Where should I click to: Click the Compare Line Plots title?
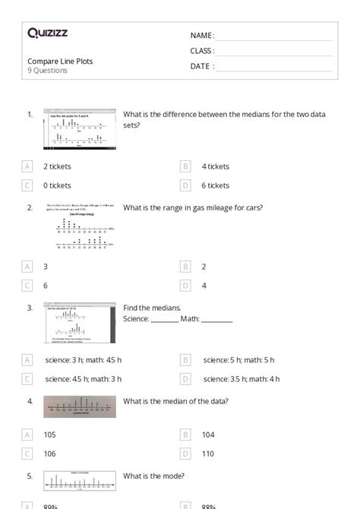tap(60, 61)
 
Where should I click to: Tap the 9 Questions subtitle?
tap(47, 71)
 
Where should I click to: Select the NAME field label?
tap(201, 36)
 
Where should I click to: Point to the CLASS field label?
tap(202, 51)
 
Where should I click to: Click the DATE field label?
tap(201, 66)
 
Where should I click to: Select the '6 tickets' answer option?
tap(216, 185)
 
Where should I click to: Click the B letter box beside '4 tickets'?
tap(185, 166)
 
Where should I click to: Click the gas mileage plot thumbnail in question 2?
tap(80, 226)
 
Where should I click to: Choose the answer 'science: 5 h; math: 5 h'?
tap(238, 360)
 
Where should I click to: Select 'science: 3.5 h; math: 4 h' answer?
tap(242, 378)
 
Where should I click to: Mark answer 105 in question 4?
tap(50, 435)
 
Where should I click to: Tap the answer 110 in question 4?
tap(208, 454)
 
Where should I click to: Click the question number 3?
tap(30, 308)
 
